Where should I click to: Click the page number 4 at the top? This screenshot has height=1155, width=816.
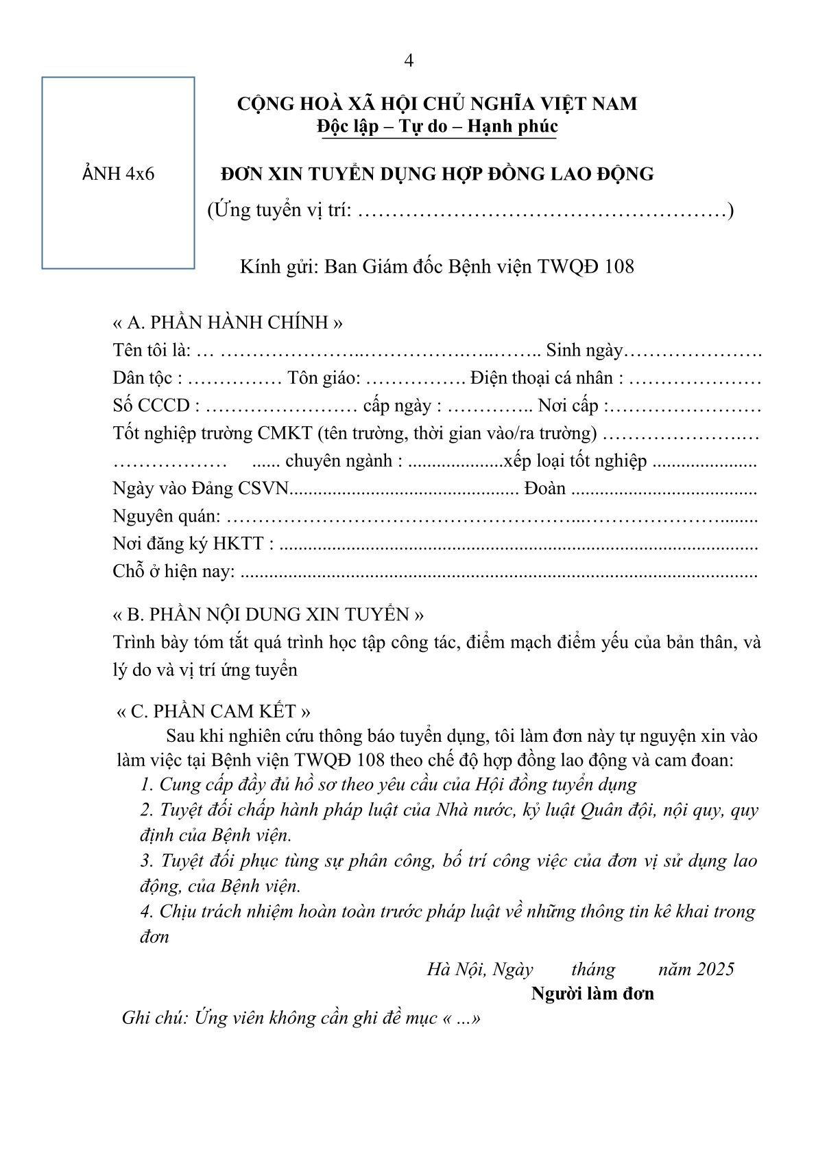click(x=409, y=61)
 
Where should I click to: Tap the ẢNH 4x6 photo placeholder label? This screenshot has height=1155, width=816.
click(x=118, y=174)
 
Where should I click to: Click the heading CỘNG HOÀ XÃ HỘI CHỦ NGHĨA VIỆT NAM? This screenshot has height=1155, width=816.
click(x=437, y=104)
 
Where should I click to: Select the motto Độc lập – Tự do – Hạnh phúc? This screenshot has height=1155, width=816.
click(x=437, y=126)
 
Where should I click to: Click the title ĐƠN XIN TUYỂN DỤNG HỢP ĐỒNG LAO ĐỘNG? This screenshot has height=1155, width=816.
click(x=437, y=174)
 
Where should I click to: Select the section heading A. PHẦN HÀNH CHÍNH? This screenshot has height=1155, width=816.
click(x=228, y=323)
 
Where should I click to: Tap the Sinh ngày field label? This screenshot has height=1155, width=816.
click(x=584, y=351)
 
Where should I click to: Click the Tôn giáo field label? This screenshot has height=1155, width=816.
click(x=324, y=378)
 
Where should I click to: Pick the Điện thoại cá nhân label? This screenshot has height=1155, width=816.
click(x=547, y=378)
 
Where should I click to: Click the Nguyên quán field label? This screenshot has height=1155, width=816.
click(x=167, y=516)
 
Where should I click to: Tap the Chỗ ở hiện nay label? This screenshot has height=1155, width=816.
click(x=173, y=571)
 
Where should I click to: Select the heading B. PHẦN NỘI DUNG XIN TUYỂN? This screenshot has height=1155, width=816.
click(x=268, y=614)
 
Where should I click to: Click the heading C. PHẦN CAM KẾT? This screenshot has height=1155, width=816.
click(x=213, y=711)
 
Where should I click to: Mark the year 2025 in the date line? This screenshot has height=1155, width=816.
click(x=715, y=969)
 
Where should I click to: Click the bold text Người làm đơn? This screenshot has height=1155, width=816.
click(x=592, y=994)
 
